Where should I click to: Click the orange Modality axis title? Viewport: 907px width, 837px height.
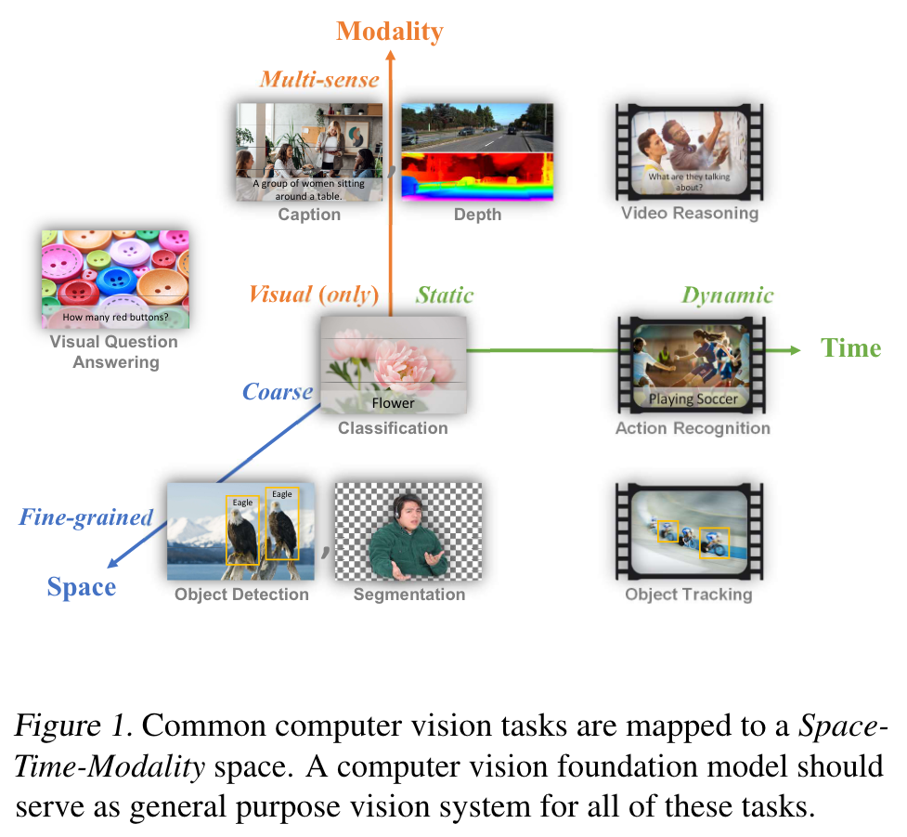(390, 31)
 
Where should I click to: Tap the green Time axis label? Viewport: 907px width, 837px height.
(850, 348)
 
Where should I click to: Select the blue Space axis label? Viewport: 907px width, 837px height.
(82, 587)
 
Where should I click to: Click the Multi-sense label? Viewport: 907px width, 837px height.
(319, 79)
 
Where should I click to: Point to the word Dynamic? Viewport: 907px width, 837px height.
(727, 295)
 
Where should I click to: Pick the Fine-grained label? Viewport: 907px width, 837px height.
(86, 517)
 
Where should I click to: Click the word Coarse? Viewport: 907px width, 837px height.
(278, 391)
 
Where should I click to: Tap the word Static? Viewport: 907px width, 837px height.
(445, 295)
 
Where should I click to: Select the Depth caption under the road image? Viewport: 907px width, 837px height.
(477, 215)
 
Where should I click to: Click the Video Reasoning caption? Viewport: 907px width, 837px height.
(689, 214)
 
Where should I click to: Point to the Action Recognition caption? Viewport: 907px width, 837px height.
(693, 428)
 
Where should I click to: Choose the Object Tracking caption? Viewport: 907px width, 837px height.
(688, 595)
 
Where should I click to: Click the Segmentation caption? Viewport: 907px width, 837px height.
(409, 595)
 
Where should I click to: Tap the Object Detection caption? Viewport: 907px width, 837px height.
(241, 595)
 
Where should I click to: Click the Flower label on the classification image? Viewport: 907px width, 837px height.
(393, 402)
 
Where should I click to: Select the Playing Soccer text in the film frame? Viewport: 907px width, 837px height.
(693, 399)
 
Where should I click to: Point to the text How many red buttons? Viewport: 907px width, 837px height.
(115, 319)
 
